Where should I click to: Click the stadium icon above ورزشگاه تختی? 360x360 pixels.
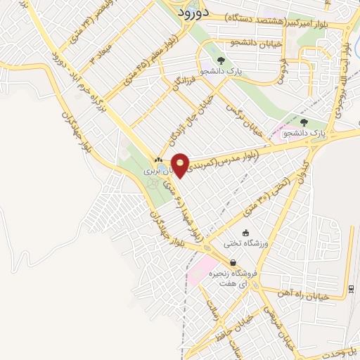coord(245,232)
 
